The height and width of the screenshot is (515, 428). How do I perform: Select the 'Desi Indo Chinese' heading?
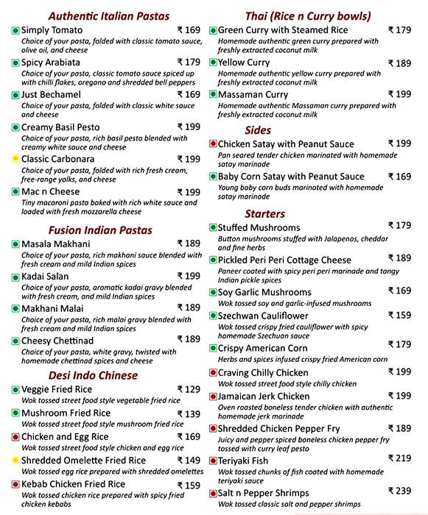[x=93, y=375]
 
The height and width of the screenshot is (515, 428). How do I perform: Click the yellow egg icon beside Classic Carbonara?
[x=15, y=159]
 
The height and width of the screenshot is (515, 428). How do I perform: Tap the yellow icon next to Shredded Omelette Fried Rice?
[x=15, y=461]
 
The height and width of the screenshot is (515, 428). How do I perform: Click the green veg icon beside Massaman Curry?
[x=213, y=95]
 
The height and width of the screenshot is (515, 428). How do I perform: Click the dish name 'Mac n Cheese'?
[x=51, y=192]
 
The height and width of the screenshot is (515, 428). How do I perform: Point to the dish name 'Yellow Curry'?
[x=244, y=63]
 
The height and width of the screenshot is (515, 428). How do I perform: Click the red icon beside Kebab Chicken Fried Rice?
[x=15, y=485]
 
